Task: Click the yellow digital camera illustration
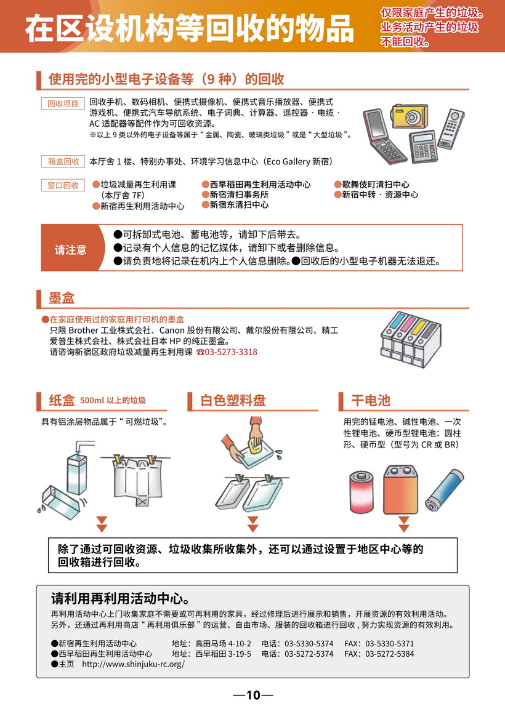coord(410,116)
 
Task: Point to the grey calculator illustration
coord(423,146)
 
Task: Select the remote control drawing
coord(451,129)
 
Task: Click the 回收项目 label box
coord(63,104)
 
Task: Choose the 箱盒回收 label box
coord(63,162)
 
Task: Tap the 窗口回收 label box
coord(63,185)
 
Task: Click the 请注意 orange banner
coord(71,248)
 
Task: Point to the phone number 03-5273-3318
coord(230,352)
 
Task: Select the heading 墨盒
coord(62,299)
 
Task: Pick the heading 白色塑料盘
coord(233,400)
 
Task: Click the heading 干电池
coord(371,400)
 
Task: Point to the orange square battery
coord(401,489)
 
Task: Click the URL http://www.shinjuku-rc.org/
coord(133,664)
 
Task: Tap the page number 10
coord(253,695)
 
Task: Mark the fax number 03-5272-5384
coord(390,654)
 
